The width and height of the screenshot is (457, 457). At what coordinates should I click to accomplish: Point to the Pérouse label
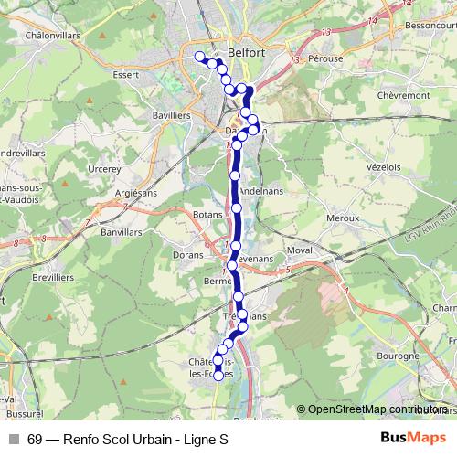point(325,58)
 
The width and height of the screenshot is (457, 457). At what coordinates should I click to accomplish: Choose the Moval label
point(301,249)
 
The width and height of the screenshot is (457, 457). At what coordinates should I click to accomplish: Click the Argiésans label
point(138,194)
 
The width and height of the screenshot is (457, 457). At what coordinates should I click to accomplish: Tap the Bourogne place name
point(401,355)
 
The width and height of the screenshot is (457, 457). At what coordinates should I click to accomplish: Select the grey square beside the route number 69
point(13,439)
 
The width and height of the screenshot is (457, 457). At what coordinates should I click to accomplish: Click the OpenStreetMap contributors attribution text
point(377,409)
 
